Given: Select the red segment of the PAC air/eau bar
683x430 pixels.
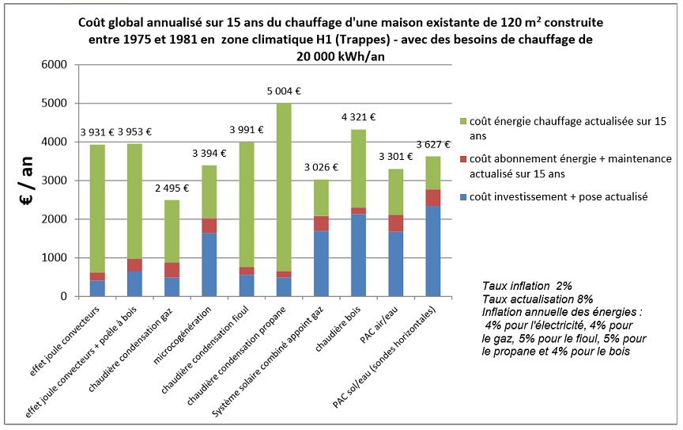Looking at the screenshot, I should pos(395,223).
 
